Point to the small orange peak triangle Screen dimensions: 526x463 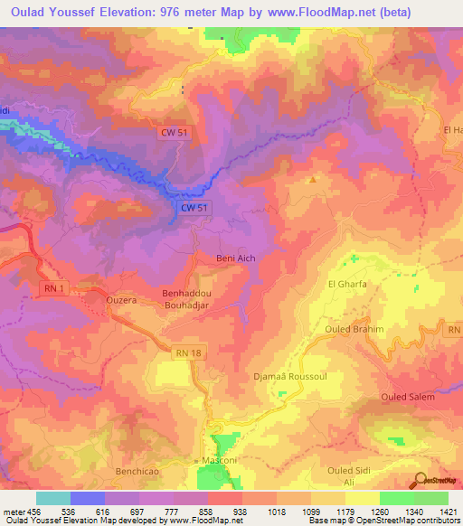pyautogui.click(x=313, y=179)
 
